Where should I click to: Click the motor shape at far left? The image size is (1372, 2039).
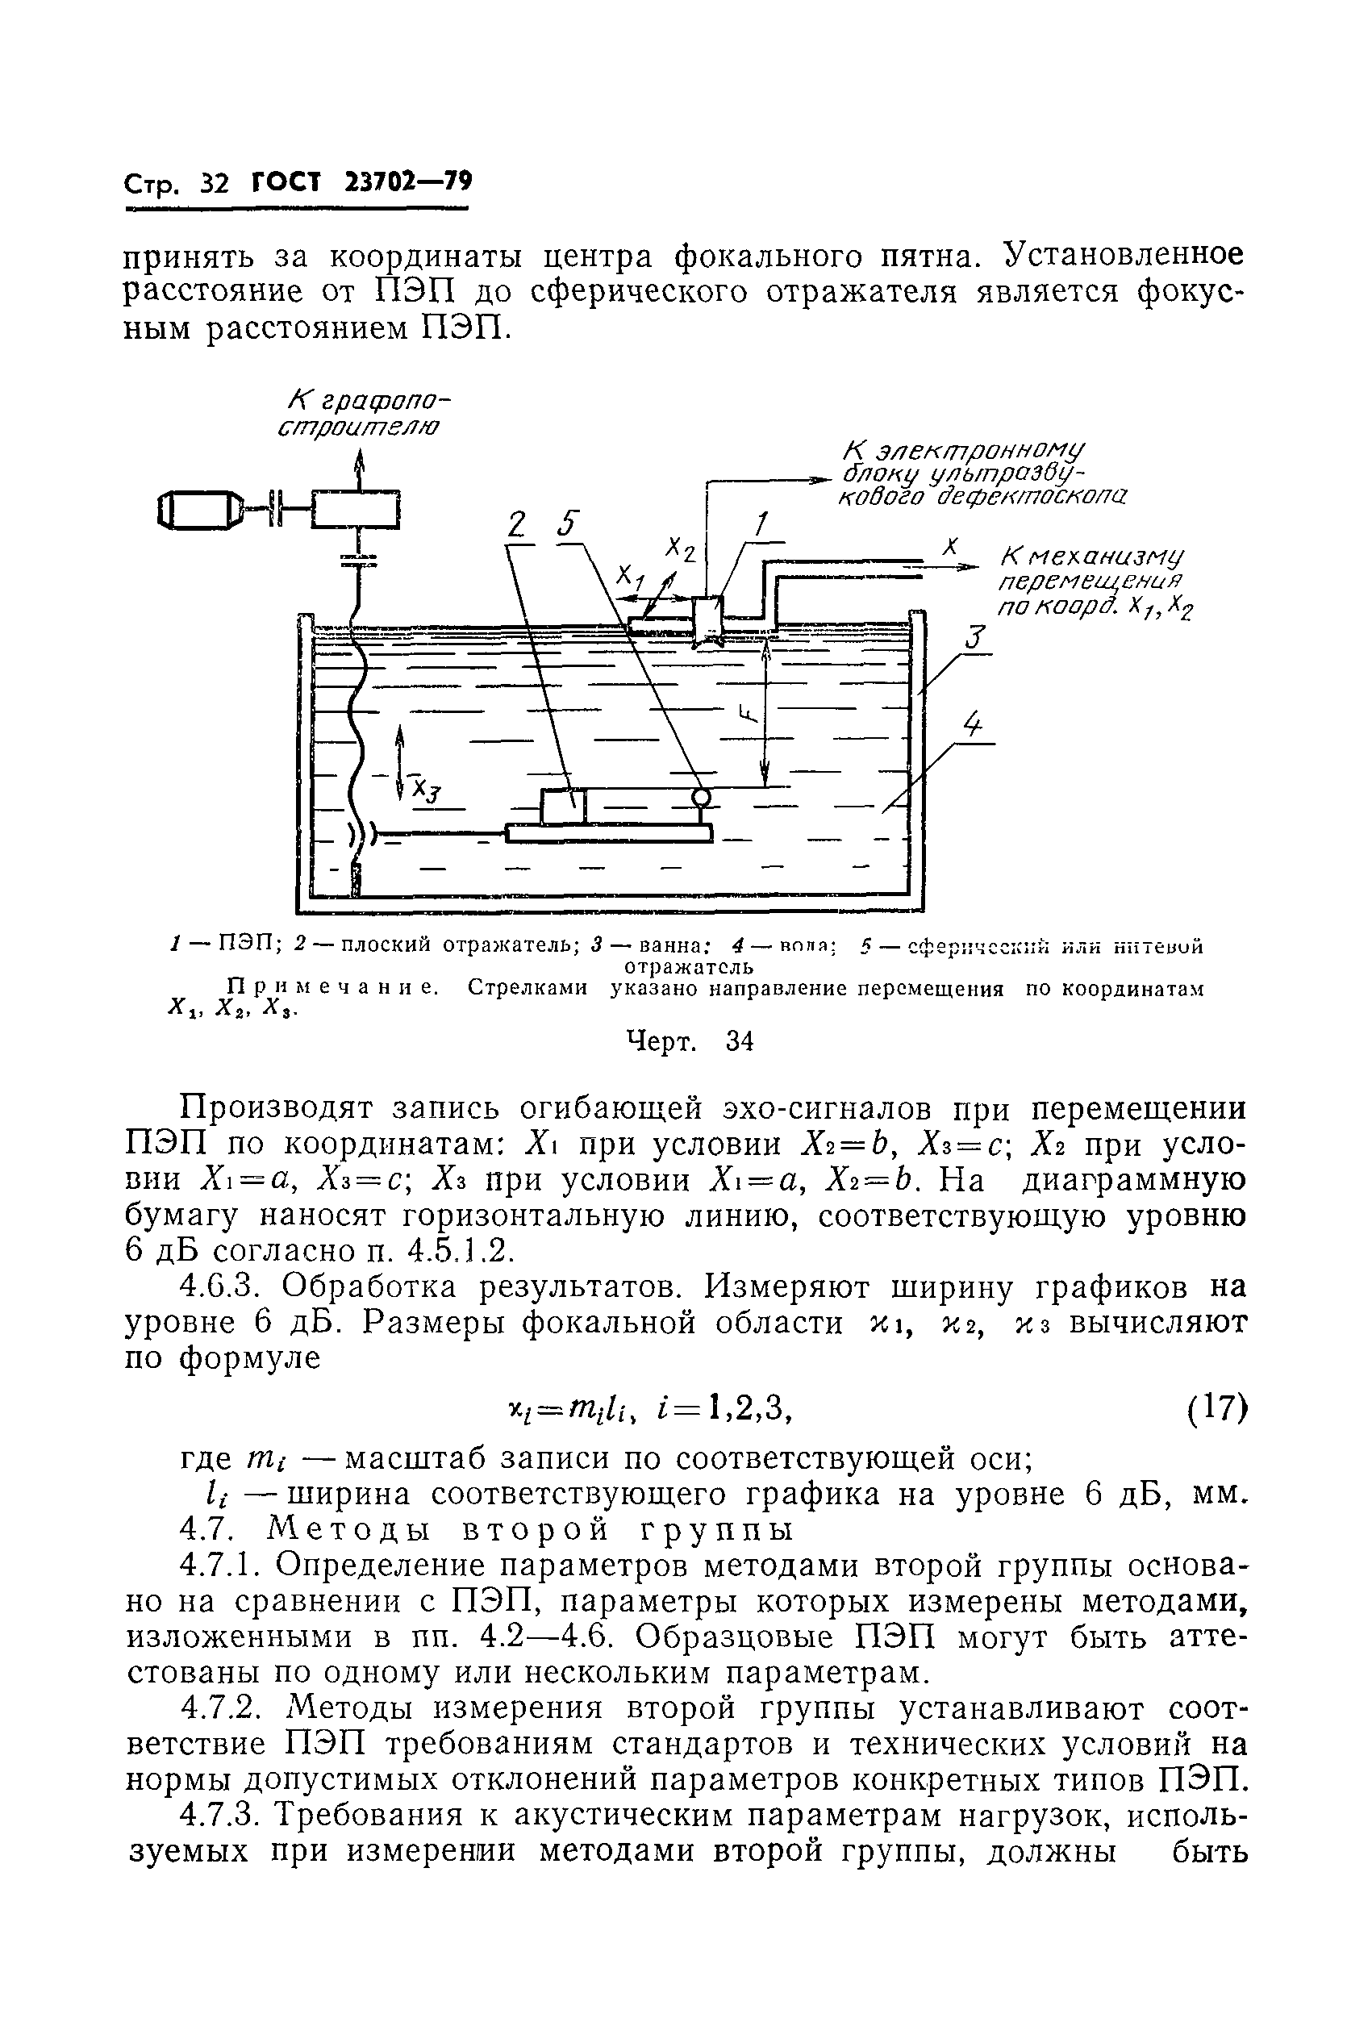[199, 509]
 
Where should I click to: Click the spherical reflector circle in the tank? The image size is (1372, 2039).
[701, 796]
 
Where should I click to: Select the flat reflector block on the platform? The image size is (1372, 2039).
[563, 806]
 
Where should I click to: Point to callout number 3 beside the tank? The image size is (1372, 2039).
[977, 636]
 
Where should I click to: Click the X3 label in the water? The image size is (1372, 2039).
[427, 790]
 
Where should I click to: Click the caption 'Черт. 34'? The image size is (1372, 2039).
[690, 1042]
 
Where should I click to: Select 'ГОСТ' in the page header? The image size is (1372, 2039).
[286, 183]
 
